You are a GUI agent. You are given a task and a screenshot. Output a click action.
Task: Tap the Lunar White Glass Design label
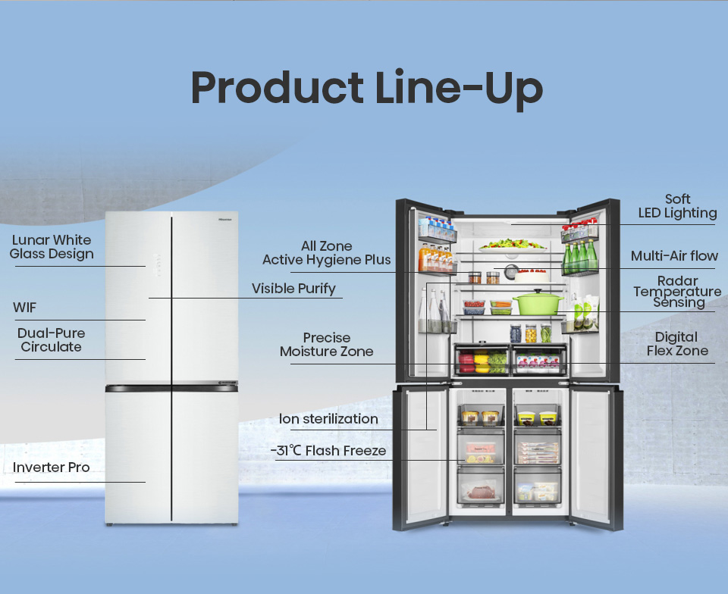[x=52, y=247]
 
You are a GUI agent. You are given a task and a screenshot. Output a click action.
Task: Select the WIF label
[x=24, y=308]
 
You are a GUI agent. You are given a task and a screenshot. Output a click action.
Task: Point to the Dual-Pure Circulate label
[x=51, y=340]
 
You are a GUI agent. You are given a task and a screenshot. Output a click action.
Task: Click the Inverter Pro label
[x=51, y=467]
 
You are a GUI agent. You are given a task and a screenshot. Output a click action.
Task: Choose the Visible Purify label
[x=293, y=289]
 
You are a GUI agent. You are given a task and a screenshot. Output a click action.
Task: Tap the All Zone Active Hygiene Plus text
[x=326, y=253]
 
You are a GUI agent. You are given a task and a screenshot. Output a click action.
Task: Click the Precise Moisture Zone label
[x=326, y=345]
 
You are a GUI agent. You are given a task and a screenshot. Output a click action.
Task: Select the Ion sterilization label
[x=328, y=419]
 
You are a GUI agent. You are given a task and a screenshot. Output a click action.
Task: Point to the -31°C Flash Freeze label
[x=328, y=451]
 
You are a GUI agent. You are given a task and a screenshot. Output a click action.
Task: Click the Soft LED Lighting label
[x=677, y=206]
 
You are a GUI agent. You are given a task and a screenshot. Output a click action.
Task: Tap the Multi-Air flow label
[x=674, y=256]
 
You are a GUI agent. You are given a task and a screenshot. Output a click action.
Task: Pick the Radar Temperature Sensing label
[x=677, y=292]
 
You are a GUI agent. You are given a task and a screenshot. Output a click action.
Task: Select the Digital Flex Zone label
[x=677, y=344]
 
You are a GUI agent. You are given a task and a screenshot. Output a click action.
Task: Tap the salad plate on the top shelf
[x=512, y=245]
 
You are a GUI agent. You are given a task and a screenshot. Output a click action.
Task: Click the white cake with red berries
[x=532, y=276]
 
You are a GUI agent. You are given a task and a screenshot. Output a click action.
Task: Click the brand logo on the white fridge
[x=225, y=219]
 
